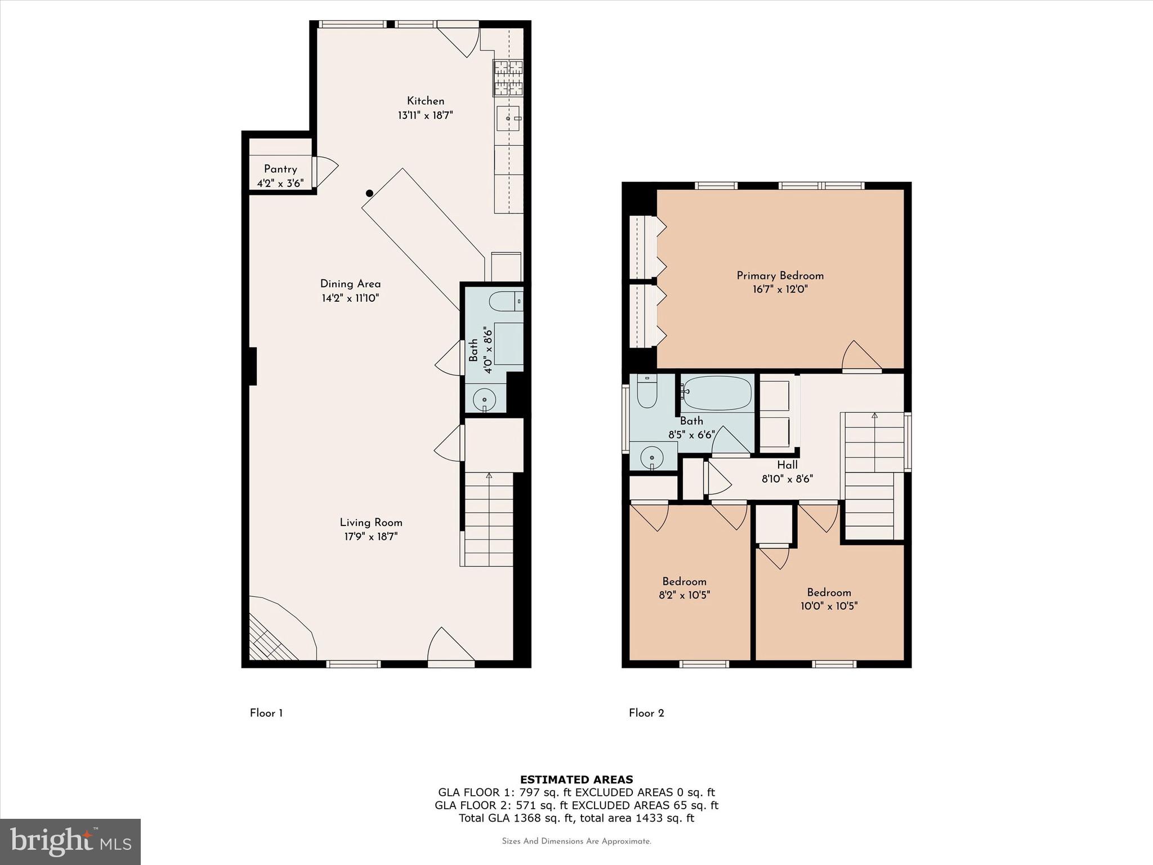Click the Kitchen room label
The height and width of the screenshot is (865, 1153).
[426, 101]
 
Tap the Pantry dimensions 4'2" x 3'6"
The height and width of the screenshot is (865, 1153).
[280, 183]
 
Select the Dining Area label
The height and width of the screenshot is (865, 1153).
[350, 284]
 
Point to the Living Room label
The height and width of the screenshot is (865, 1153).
[371, 523]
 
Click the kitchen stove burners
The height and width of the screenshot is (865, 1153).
[508, 78]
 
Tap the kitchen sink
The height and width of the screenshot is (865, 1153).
[508, 119]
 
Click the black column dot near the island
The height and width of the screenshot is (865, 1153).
[369, 193]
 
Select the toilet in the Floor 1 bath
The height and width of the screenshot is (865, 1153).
[506, 301]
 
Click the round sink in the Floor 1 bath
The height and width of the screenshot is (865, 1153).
[484, 400]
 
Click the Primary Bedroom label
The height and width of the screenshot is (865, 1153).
[780, 275]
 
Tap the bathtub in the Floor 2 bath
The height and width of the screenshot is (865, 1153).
[717, 393]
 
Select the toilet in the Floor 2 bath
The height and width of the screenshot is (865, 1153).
[647, 391]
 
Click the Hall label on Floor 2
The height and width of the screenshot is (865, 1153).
[787, 465]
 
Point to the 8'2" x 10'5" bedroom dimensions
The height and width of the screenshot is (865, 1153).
[685, 595]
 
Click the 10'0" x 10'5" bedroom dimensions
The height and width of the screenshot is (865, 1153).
[829, 606]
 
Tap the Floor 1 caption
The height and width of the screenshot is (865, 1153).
[266, 713]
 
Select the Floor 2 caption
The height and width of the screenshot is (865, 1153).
[646, 713]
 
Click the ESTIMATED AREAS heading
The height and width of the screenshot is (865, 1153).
[576, 779]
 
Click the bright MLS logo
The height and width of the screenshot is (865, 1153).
[70, 841]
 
